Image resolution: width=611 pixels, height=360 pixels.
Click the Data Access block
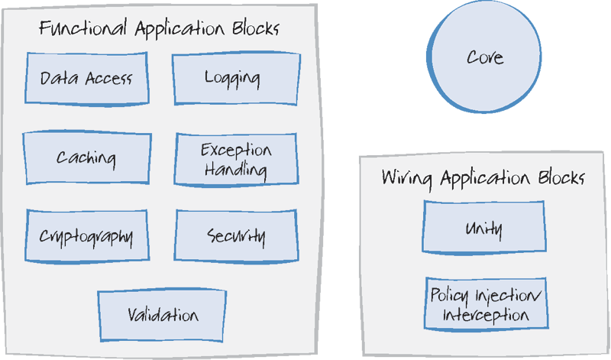pyautogui.click(x=86, y=79)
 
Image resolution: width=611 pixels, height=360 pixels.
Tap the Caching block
pyautogui.click(x=86, y=158)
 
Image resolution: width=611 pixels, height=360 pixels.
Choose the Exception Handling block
pyautogui.click(x=235, y=159)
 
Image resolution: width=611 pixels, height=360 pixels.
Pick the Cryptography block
pyautogui.click(x=86, y=236)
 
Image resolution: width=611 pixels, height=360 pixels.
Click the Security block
pyautogui.click(x=236, y=236)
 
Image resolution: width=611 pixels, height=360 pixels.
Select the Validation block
pyautogui.click(x=162, y=316)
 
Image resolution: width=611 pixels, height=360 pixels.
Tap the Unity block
pyautogui.click(x=483, y=227)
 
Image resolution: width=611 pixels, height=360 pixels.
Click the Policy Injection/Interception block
pyautogui.click(x=486, y=305)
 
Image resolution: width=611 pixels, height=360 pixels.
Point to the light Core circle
pyautogui.click(x=485, y=57)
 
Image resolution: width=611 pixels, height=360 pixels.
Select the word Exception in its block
pyautogui.click(x=236, y=150)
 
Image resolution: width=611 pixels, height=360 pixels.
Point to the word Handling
pyautogui.click(x=236, y=170)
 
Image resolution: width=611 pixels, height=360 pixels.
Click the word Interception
pyautogui.click(x=486, y=315)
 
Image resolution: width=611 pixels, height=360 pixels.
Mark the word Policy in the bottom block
pyautogui.click(x=450, y=295)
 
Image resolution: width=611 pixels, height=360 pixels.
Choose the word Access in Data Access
pyautogui.click(x=108, y=79)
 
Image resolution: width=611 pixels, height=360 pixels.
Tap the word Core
pyautogui.click(x=485, y=57)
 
